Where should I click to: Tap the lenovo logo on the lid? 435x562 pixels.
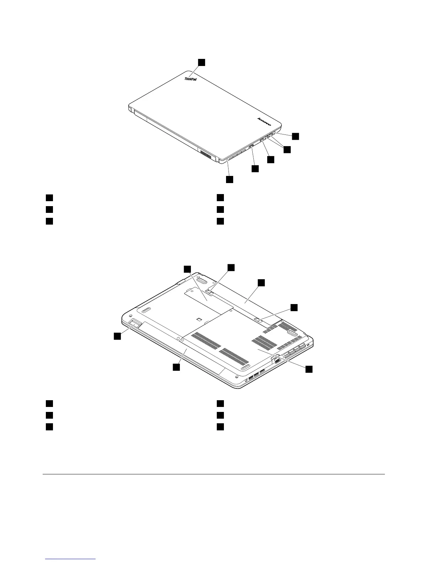264,122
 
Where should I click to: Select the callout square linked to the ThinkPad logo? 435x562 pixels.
202,62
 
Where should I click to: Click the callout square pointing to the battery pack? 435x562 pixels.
261,282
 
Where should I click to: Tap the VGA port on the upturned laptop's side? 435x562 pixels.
276,360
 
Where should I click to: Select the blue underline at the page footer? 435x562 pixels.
71,559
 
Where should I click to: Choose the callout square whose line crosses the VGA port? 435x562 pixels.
309,369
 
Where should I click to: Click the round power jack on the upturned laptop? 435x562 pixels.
247,381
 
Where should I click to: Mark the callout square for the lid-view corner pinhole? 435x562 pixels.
230,179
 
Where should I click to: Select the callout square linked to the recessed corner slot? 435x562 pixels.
117,336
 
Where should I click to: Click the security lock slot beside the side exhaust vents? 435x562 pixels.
308,344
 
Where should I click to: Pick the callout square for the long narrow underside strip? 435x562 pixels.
176,368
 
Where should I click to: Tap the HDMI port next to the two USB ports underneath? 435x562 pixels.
262,371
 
